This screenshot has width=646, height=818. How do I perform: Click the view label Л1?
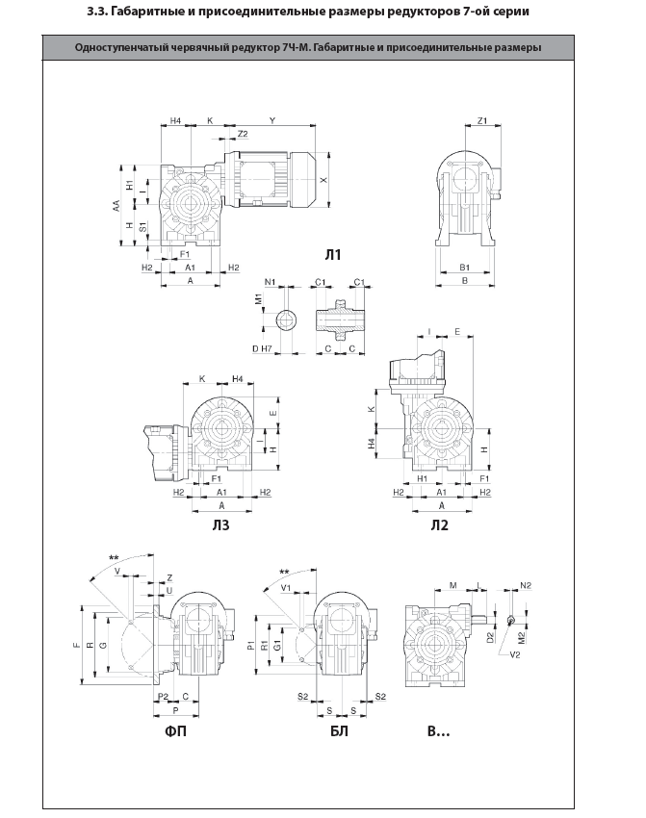pyautogui.click(x=332, y=255)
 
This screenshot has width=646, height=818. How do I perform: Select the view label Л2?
pyautogui.click(x=439, y=524)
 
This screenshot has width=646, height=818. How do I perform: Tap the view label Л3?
pyautogui.click(x=220, y=524)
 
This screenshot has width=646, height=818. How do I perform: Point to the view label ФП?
pyautogui.click(x=176, y=730)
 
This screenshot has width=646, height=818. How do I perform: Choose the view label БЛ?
pyautogui.click(x=339, y=730)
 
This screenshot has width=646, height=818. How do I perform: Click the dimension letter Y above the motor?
pyautogui.click(x=271, y=120)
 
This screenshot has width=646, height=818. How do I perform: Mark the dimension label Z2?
pyautogui.click(x=243, y=134)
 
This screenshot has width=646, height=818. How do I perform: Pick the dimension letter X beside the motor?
pyautogui.click(x=324, y=179)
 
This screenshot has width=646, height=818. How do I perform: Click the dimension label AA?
pyautogui.click(x=116, y=206)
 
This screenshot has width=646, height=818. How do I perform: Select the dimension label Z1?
pyautogui.click(x=482, y=120)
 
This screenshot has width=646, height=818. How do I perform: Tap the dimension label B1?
pyautogui.click(x=464, y=268)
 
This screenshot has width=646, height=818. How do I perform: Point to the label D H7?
pyautogui.click(x=262, y=348)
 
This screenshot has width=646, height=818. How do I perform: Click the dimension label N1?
pyautogui.click(x=270, y=282)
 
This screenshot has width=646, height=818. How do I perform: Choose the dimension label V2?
pyautogui.click(x=514, y=654)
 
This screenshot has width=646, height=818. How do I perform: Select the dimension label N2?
pyautogui.click(x=526, y=585)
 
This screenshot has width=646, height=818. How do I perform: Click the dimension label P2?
pyautogui.click(x=164, y=697)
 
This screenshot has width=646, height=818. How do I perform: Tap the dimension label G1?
pyautogui.click(x=277, y=646)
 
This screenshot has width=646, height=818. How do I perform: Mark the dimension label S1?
pyautogui.click(x=142, y=227)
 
